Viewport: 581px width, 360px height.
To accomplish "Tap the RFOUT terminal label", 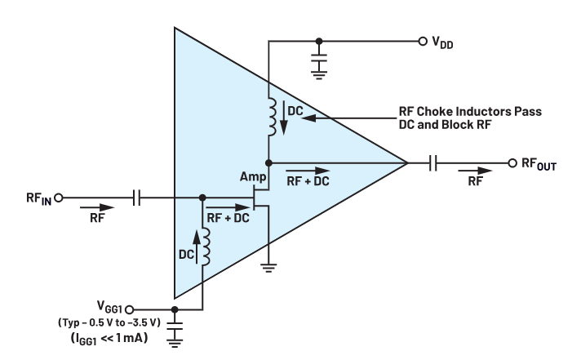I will point(542,163).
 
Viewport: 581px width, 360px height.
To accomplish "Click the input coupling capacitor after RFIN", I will point(137,197).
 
